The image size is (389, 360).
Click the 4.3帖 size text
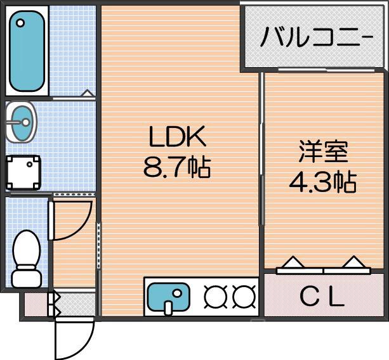pos(322,183)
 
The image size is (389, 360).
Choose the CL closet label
pos(322,296)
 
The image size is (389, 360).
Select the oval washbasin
pos(23,122)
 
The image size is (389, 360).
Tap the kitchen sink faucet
pos(169,307)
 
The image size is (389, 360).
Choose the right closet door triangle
pos(352,262)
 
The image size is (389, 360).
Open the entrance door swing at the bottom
pos(72,339)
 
